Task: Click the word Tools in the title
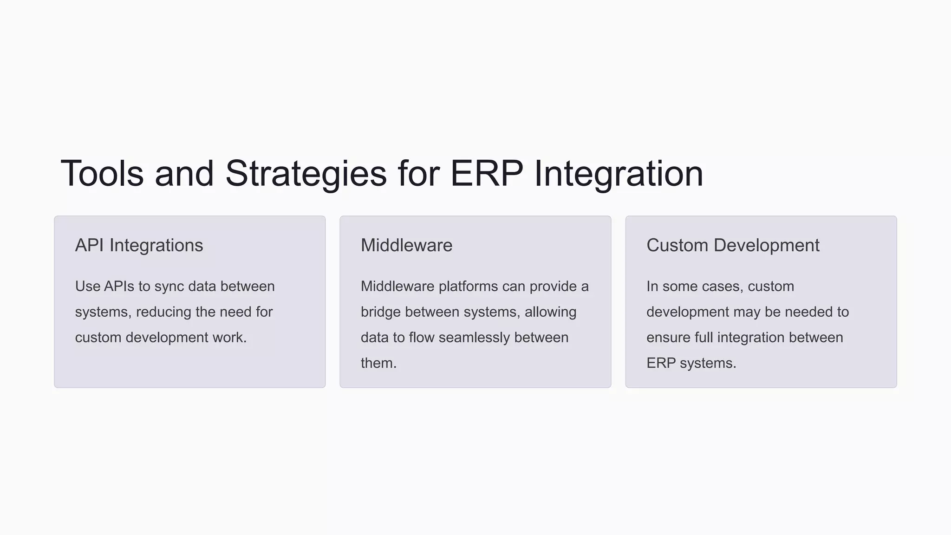(x=102, y=174)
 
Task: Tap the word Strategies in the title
(x=306, y=174)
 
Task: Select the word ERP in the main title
(x=487, y=174)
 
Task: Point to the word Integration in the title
(x=619, y=174)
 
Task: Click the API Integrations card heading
(x=139, y=245)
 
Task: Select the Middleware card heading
(x=406, y=245)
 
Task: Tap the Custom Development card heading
(x=733, y=245)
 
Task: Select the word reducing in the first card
(x=163, y=312)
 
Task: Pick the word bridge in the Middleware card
(x=381, y=312)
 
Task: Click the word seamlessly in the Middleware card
(x=474, y=338)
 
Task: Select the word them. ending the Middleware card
(x=378, y=363)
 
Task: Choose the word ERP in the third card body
(x=661, y=363)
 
